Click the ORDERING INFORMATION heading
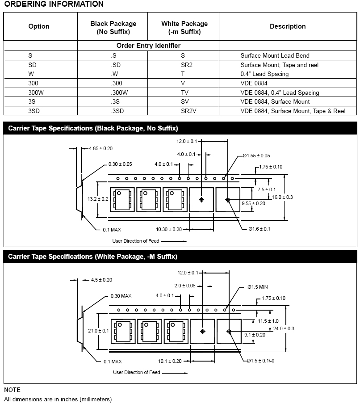click(x=54, y=4)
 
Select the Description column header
click(x=287, y=26)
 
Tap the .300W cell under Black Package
click(x=119, y=93)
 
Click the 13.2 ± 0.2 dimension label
click(x=97, y=198)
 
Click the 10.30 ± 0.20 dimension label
click(x=169, y=229)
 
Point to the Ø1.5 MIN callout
click(x=260, y=286)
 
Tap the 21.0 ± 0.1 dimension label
click(x=99, y=330)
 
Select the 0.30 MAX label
click(x=121, y=296)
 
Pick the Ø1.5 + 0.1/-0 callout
click(x=260, y=361)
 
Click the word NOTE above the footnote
click(x=12, y=390)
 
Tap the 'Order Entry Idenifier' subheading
click(x=148, y=46)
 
